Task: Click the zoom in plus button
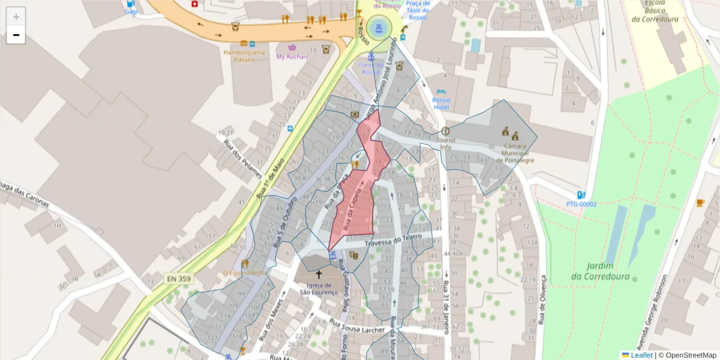click(16, 17)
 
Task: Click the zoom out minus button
click(16, 35)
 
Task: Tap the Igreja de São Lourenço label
click(319, 288)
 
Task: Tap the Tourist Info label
click(445, 143)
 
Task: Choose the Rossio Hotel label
click(441, 103)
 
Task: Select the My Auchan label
click(292, 57)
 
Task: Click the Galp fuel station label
click(131, 11)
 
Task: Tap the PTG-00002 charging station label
click(581, 204)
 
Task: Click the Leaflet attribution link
click(641, 355)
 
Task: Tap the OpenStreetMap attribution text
click(688, 355)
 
